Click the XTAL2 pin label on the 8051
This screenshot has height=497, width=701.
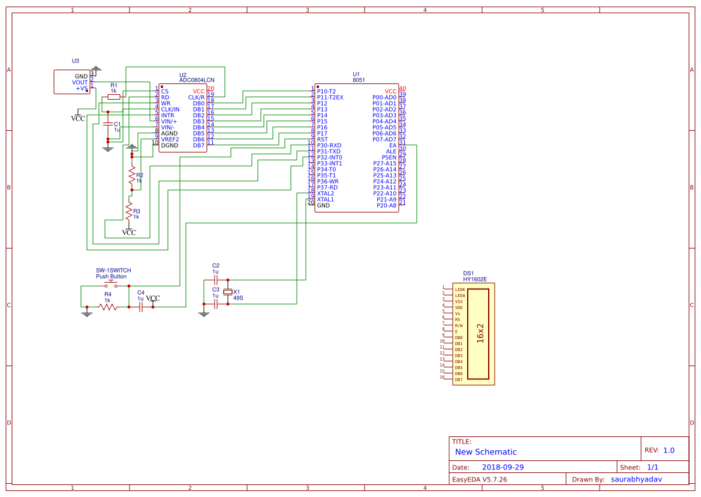(x=325, y=193)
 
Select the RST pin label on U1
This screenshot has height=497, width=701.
(x=322, y=139)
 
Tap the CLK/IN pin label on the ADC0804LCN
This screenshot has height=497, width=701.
(x=170, y=109)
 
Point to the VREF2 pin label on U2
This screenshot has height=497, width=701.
(x=170, y=139)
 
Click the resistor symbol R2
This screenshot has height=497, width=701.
(x=132, y=175)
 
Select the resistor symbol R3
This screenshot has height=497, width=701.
(x=128, y=211)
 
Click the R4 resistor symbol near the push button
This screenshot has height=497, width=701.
(x=108, y=307)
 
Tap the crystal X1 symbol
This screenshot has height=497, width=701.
(x=227, y=292)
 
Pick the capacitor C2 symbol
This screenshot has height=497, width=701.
(x=215, y=280)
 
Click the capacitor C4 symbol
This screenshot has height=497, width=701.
(x=141, y=307)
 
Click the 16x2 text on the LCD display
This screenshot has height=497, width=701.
(x=480, y=334)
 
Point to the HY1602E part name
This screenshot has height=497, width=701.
(x=475, y=279)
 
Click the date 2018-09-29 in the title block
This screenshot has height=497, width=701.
(x=503, y=467)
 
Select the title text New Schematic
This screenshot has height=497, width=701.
(x=486, y=452)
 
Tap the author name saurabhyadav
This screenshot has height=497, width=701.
(x=640, y=479)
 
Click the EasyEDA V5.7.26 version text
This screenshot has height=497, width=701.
(x=479, y=479)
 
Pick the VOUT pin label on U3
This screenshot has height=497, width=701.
(x=80, y=82)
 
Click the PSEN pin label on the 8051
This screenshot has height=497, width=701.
(x=389, y=157)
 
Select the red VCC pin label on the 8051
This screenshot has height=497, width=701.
(x=390, y=91)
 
